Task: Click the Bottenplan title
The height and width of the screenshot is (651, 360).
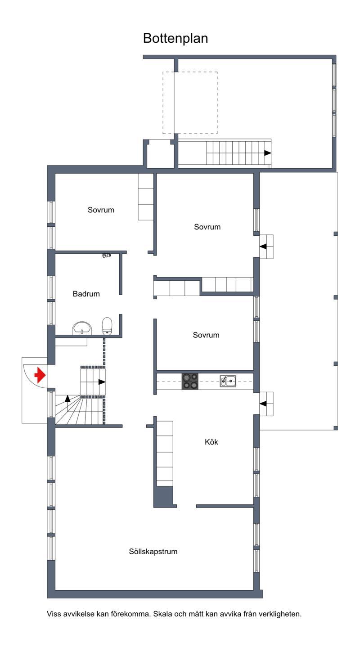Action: click(x=175, y=39)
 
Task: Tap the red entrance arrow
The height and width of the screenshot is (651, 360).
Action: click(x=40, y=375)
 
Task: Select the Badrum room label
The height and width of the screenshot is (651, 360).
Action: click(x=86, y=294)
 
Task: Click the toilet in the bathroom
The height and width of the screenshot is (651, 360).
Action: click(x=107, y=326)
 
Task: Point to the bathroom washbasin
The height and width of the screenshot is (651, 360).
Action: click(x=82, y=328)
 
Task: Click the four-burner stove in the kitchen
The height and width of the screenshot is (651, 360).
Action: click(x=190, y=382)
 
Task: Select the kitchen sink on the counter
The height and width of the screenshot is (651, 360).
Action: click(x=228, y=381)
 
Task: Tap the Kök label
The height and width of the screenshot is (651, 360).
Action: click(x=211, y=442)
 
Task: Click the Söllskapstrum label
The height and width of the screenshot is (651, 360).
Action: click(x=153, y=552)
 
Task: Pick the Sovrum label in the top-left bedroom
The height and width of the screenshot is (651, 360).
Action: click(x=101, y=210)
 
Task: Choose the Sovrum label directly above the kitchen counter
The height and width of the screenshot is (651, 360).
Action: click(x=206, y=335)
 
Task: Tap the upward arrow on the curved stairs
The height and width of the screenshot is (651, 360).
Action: click(x=67, y=399)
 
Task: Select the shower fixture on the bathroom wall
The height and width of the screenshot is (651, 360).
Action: click(x=107, y=256)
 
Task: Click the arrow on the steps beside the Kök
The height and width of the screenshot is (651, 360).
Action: click(x=263, y=404)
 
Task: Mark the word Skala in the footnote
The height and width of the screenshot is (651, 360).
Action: click(x=162, y=614)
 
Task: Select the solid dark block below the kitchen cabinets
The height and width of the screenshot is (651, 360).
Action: click(x=165, y=497)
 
